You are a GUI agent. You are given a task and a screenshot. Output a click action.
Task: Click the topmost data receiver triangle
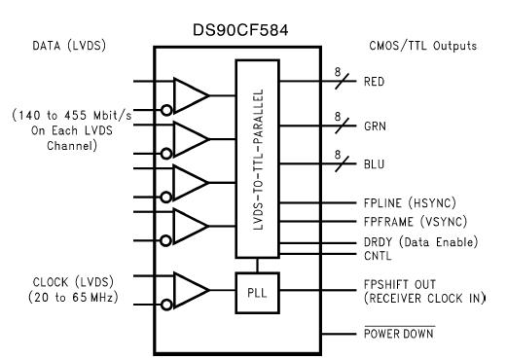coord(191,94)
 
